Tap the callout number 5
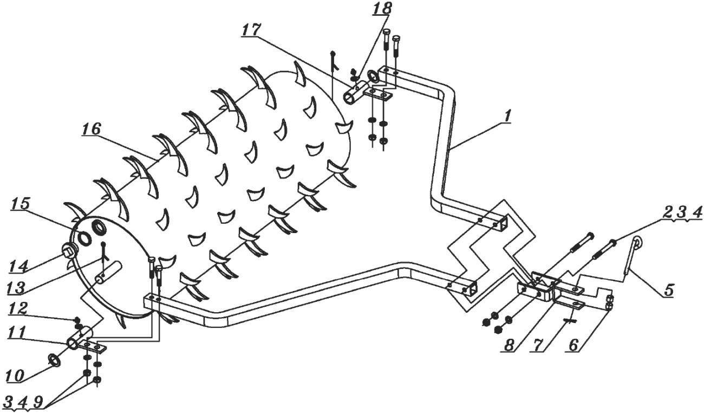click(x=669, y=289)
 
